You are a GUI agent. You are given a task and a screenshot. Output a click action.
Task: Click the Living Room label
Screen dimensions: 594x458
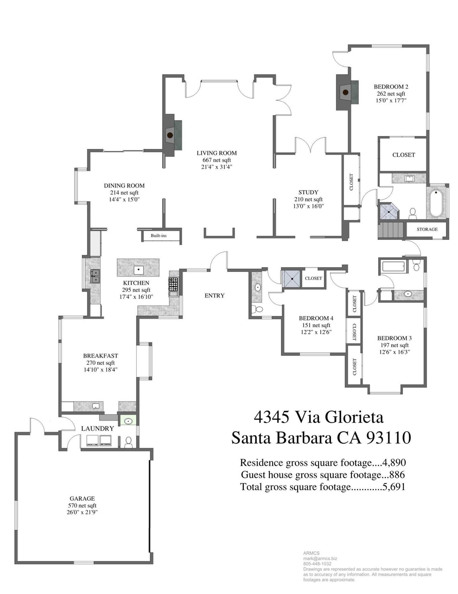click(216, 153)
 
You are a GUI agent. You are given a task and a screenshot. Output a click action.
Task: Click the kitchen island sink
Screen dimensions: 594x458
click(138, 269)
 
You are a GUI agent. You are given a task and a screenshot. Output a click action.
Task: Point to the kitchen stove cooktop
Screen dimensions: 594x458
click(173, 284)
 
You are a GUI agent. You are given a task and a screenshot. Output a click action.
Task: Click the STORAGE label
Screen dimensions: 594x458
click(427, 229)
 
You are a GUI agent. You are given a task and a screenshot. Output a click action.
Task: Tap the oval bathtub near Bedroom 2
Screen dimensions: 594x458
click(437, 203)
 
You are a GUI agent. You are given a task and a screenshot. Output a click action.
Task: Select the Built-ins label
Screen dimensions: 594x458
click(159, 236)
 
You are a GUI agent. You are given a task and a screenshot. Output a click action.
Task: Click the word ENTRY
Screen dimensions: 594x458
click(214, 296)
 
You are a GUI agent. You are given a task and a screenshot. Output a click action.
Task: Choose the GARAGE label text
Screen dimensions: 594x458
click(82, 499)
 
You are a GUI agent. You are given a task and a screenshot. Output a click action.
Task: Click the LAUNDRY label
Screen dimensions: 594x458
click(97, 428)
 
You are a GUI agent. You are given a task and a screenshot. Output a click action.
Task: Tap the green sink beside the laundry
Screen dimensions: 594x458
click(128, 421)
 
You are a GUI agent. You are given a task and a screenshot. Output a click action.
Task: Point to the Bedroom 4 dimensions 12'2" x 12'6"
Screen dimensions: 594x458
click(316, 332)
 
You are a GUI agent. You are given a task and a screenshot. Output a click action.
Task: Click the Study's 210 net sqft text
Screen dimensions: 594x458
click(308, 200)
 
